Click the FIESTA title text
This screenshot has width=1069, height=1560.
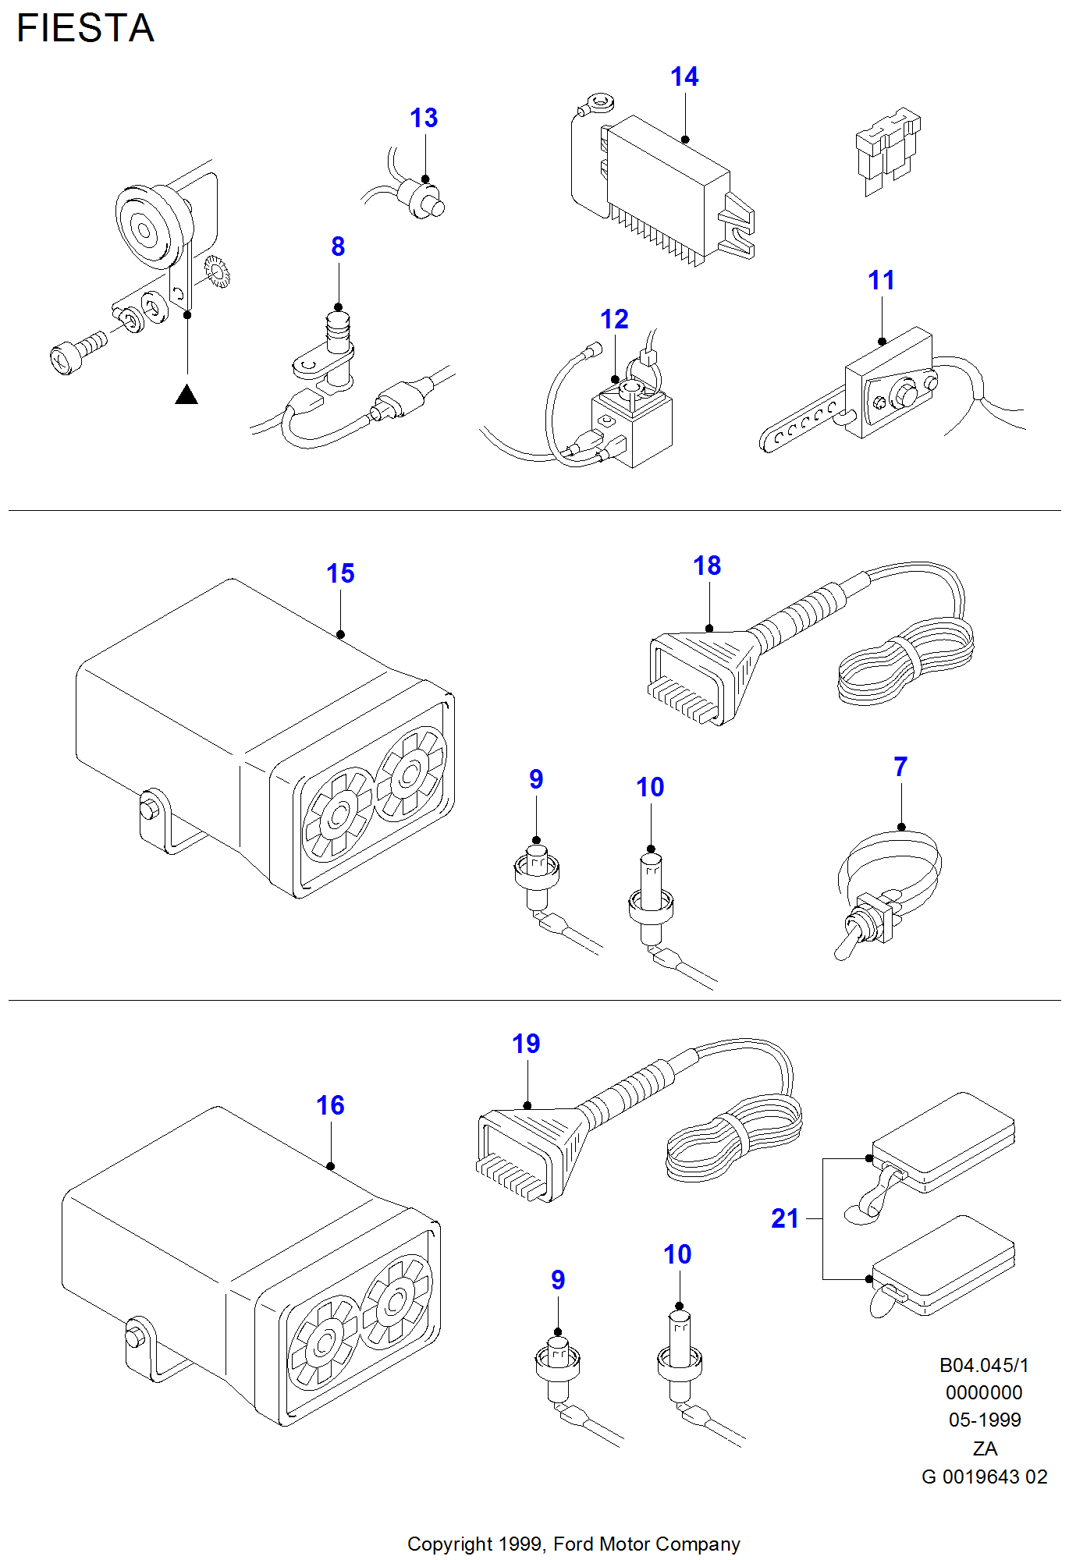click(86, 29)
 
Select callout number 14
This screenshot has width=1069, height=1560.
click(684, 76)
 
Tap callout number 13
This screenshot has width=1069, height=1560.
click(424, 118)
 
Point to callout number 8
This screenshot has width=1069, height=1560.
click(338, 246)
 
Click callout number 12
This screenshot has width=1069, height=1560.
click(614, 319)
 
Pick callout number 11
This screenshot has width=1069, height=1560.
click(882, 280)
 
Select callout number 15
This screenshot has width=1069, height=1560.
click(340, 573)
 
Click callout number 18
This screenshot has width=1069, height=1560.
click(707, 565)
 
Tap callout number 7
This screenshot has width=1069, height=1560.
click(900, 767)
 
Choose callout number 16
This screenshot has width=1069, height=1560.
click(330, 1105)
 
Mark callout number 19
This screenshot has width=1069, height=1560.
click(526, 1044)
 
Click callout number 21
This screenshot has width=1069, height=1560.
click(785, 1218)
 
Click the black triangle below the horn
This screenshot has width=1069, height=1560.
click(186, 395)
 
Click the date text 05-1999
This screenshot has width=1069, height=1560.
click(985, 1420)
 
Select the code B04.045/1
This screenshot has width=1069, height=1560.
click(984, 1365)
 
